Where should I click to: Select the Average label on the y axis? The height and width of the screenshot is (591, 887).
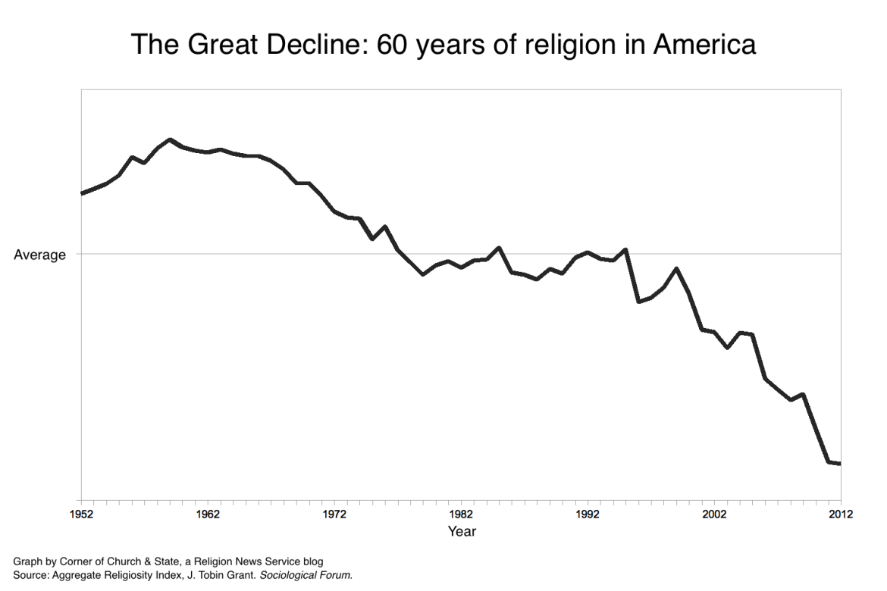point(39,255)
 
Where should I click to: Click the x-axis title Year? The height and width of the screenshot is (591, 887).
point(461,532)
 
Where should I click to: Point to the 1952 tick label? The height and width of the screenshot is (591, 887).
point(81,514)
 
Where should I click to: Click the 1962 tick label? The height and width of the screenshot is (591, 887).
point(208,514)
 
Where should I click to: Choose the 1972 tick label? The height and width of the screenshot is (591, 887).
point(334,514)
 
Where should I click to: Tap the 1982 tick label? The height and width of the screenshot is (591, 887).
point(461,514)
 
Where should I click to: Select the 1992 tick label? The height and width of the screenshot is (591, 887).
point(588,514)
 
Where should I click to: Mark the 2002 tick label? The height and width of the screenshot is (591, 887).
point(714,514)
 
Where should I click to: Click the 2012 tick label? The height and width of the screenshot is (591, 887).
point(840,514)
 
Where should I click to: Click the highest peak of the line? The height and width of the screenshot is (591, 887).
point(170,140)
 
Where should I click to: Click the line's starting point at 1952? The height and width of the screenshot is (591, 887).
point(82,193)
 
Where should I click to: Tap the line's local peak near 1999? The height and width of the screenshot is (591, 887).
point(676,269)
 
